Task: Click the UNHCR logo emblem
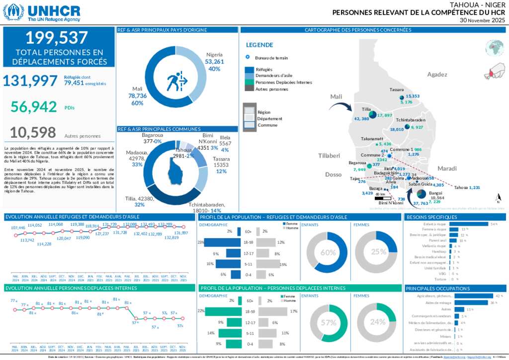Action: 13,12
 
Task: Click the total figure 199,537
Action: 59,38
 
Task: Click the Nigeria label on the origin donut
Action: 214,55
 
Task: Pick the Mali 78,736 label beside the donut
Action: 137,95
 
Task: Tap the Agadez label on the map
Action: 437,75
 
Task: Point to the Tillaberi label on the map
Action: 329,156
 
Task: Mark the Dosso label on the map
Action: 334,175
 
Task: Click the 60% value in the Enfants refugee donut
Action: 328,252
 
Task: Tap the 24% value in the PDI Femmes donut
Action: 378,322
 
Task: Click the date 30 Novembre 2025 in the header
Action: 482,20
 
